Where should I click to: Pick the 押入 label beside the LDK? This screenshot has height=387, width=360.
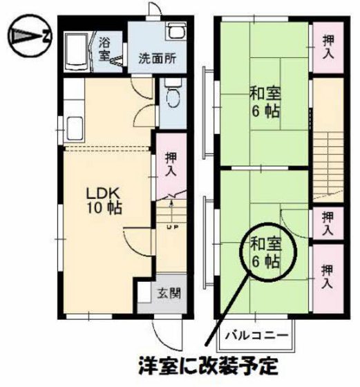pyautogui.click(x=170, y=164)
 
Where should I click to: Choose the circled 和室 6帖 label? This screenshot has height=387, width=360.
pyautogui.click(x=265, y=252)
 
